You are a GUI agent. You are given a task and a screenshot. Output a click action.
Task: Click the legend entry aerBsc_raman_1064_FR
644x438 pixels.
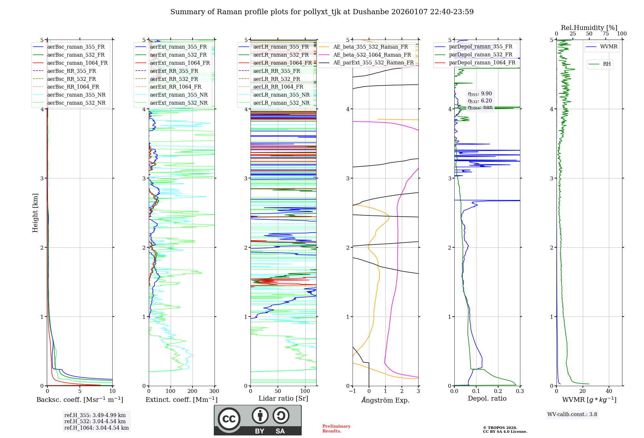pos(77,63)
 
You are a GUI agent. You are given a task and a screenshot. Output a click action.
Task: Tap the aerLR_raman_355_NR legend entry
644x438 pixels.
pos(281,95)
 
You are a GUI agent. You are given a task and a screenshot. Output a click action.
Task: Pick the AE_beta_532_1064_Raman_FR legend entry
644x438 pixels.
pos(372,55)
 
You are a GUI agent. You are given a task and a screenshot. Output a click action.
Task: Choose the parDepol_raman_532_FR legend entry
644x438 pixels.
pos(480,55)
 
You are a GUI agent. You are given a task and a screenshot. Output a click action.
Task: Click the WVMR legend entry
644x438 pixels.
pos(609,47)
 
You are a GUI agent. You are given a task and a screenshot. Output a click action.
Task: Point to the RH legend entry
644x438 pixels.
pos(607,64)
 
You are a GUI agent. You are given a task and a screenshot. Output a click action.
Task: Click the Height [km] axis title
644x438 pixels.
pos(35,213)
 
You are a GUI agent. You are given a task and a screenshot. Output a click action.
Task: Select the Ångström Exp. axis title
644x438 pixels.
pos(385,400)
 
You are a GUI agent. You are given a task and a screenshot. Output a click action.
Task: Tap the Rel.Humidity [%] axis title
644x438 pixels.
pos(589,28)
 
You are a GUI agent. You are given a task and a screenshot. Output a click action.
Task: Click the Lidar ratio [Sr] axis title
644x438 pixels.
pos(283,398)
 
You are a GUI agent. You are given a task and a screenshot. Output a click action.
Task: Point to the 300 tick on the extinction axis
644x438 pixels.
pos(214,391)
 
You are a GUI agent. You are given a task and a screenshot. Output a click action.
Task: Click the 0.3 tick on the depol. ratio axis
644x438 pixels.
pos(520,391)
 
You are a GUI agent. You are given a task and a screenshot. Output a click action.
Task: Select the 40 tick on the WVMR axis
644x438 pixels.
pos(609,391)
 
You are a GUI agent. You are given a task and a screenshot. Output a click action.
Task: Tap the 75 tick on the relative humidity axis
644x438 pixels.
pos(606,34)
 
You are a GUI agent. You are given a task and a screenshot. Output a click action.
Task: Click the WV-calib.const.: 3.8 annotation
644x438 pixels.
pos(572,414)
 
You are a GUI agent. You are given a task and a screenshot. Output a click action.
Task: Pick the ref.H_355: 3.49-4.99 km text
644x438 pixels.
pos(95,415)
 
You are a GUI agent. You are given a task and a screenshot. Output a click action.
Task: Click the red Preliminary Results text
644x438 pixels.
pos(336,429)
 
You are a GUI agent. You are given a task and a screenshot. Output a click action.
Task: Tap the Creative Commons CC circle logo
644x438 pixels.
pos(229,419)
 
